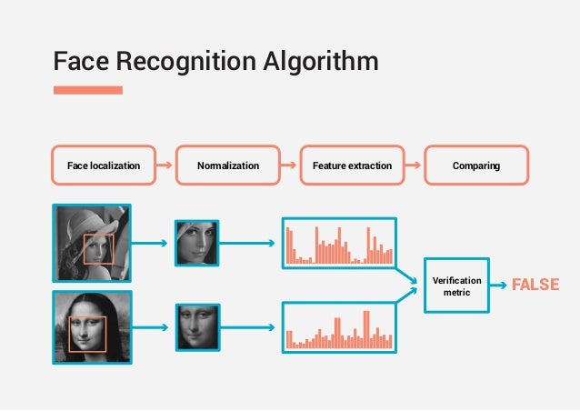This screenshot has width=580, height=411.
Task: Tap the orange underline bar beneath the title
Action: click(87, 89)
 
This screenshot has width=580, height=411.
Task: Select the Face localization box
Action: click(104, 166)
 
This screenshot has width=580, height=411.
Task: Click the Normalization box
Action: click(228, 166)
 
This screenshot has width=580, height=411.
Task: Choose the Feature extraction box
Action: click(352, 166)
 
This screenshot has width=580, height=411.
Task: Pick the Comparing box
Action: click(476, 166)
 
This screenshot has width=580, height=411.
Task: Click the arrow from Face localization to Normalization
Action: click(165, 166)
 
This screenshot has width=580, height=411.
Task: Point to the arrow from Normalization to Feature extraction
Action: click(290, 166)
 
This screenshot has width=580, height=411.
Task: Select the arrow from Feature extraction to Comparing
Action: click(414, 166)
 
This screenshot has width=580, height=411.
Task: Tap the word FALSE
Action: click(535, 286)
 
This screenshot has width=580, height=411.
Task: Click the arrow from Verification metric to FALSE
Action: click(500, 286)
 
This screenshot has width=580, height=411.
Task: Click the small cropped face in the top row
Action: click(196, 243)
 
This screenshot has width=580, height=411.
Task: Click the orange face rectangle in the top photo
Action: click(99, 249)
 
